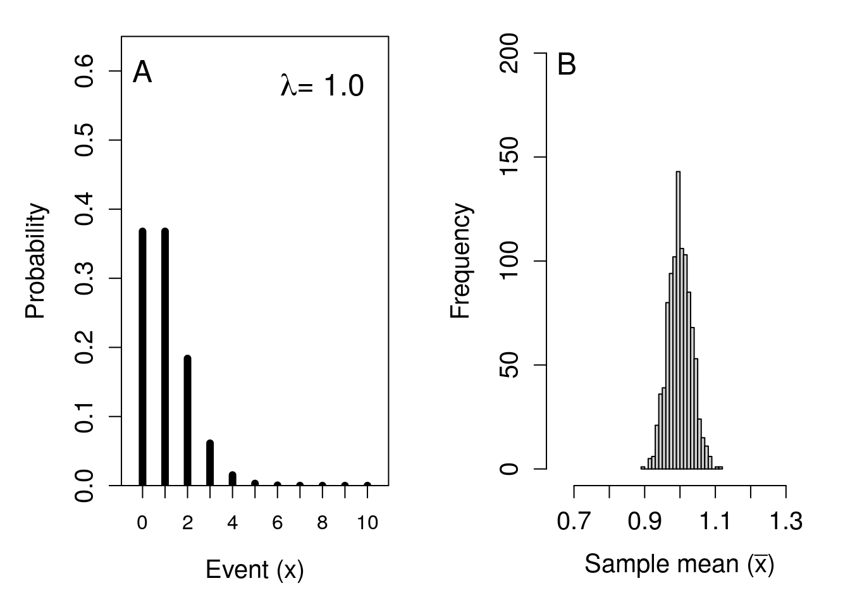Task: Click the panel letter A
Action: (x=142, y=73)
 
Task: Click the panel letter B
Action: (x=567, y=64)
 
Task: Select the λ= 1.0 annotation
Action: (x=322, y=86)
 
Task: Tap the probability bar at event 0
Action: (x=142, y=357)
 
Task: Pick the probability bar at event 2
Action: (x=187, y=420)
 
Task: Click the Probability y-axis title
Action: (x=36, y=261)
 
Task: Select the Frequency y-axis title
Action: (x=461, y=261)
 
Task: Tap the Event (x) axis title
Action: (x=255, y=570)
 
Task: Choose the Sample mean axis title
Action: (x=679, y=563)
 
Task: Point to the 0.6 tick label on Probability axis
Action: (x=85, y=71)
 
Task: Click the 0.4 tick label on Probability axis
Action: (x=85, y=209)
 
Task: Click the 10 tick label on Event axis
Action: (x=367, y=523)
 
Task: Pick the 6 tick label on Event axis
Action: (x=278, y=523)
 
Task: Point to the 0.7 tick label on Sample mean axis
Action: (x=574, y=522)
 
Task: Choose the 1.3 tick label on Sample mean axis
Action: (x=786, y=522)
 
